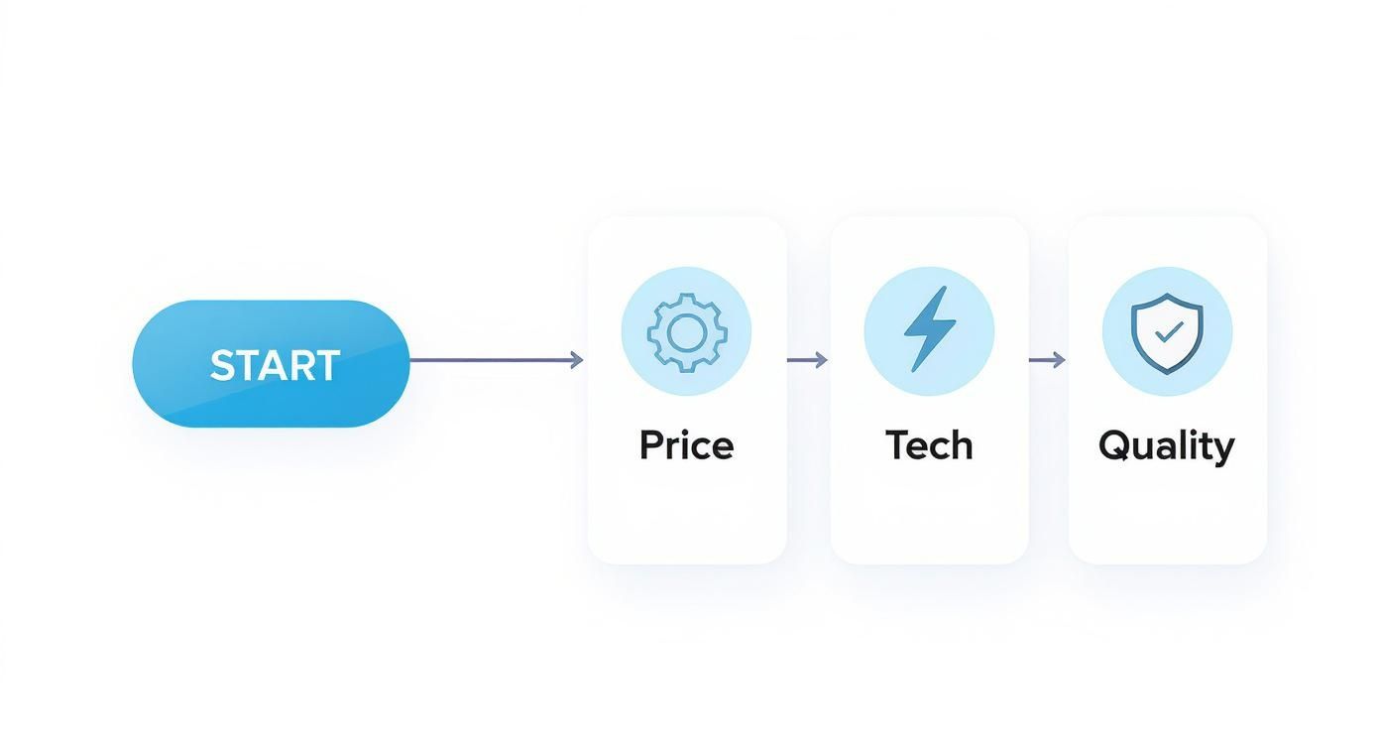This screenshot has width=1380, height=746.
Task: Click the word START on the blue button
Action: click(x=275, y=366)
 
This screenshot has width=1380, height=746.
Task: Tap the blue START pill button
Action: click(x=271, y=364)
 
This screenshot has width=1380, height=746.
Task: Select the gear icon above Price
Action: click(x=687, y=333)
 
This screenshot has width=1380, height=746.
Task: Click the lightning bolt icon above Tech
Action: click(x=930, y=329)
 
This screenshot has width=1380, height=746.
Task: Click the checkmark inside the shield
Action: click(x=1169, y=331)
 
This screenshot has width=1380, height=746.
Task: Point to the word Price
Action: click(x=687, y=445)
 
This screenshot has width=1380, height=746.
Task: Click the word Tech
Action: click(x=929, y=445)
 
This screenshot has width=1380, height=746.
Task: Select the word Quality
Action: click(x=1166, y=446)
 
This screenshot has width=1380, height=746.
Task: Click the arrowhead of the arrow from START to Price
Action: click(x=577, y=360)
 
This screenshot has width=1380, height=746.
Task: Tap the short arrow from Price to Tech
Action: click(x=807, y=359)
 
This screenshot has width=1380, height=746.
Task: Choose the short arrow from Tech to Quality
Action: click(x=1047, y=359)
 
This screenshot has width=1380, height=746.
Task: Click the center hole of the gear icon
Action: click(x=687, y=333)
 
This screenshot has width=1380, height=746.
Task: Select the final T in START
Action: click(x=326, y=366)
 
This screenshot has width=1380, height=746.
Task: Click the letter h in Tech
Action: click(x=961, y=444)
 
